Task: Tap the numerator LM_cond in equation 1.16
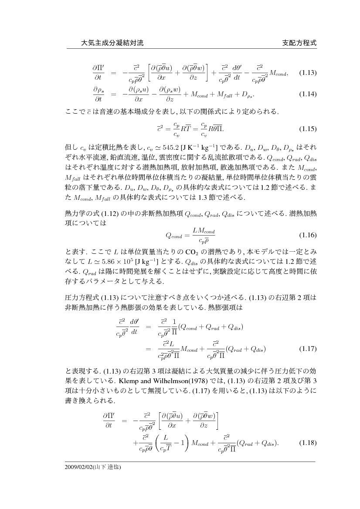click(203, 230)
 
